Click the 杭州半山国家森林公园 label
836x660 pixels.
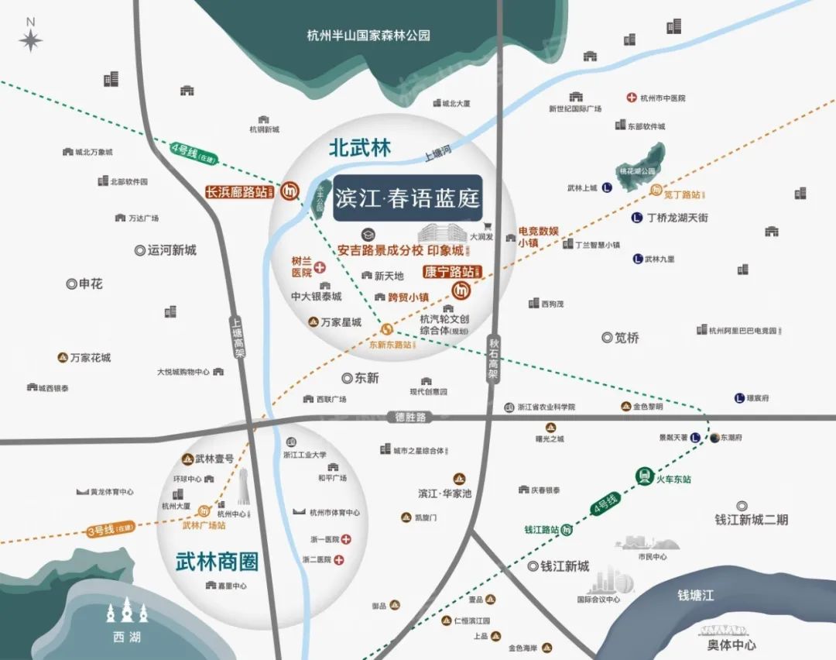pyautogui.click(x=368, y=35)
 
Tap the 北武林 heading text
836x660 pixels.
pyautogui.click(x=360, y=147)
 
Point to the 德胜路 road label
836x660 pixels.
pyautogui.click(x=410, y=418)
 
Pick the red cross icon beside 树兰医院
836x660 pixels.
pyautogui.click(x=320, y=267)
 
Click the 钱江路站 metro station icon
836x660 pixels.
pyautogui.click(x=568, y=530)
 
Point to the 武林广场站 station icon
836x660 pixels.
pyautogui.click(x=204, y=510)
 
